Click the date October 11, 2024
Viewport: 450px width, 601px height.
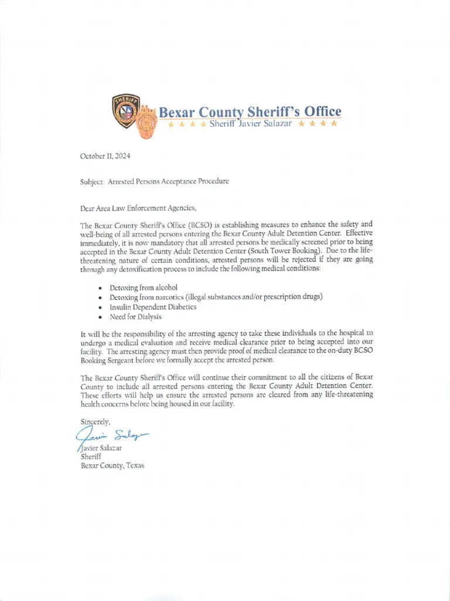tap(105, 156)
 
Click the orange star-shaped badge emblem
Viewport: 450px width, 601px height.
tap(146, 121)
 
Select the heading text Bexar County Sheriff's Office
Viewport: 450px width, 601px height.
tap(250, 112)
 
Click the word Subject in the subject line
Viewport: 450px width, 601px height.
tap(91, 181)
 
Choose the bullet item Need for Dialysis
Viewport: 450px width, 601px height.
tap(135, 317)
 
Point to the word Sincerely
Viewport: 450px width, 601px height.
tap(95, 421)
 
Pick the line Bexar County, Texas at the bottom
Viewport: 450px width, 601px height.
tap(112, 465)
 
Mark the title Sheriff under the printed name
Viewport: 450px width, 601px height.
tap(91, 456)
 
